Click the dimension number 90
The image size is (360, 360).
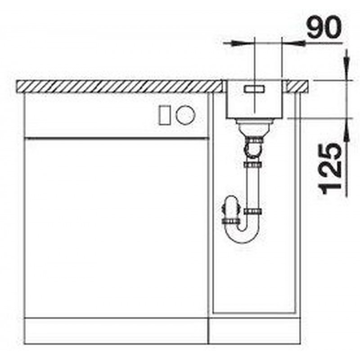tap(324, 27)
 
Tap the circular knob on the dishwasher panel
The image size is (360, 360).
tap(185, 115)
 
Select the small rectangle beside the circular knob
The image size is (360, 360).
tap(165, 115)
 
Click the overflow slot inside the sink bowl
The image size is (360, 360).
tap(254, 89)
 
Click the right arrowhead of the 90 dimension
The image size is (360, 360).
tap(297, 43)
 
